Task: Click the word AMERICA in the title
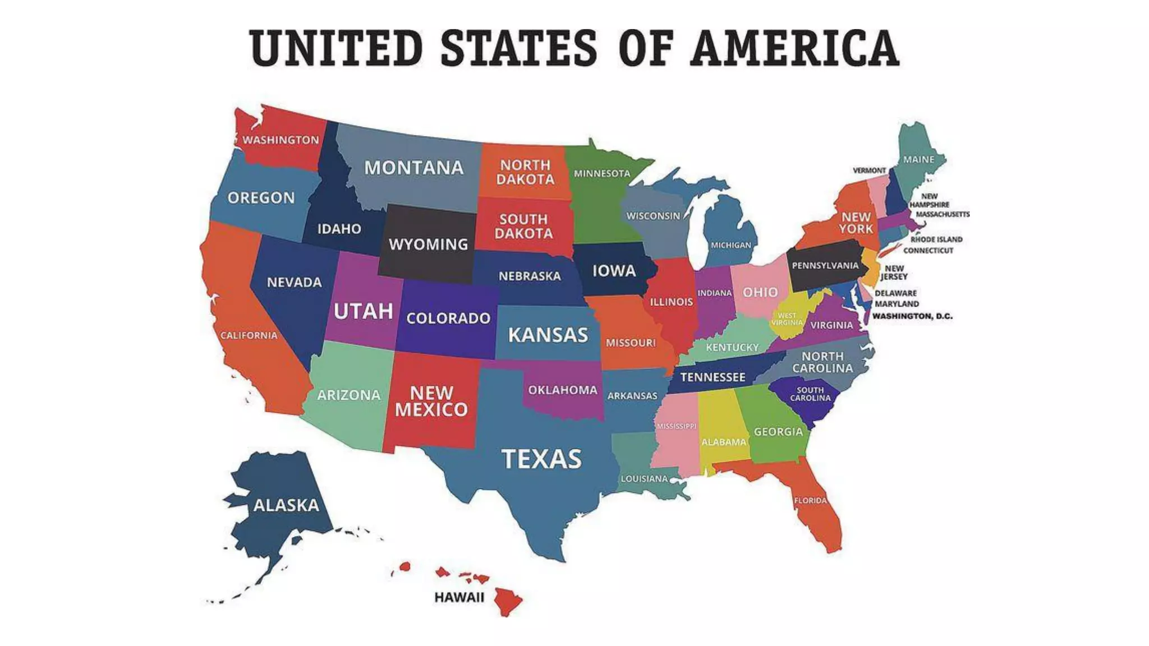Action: pos(795,48)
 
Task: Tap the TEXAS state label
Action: pos(541,459)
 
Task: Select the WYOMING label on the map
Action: pos(428,244)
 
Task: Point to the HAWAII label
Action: pos(459,597)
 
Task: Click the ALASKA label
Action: pos(286,505)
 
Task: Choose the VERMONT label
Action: pos(869,170)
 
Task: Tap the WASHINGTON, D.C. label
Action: pos(912,316)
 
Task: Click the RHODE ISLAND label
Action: pos(936,239)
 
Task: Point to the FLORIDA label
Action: pos(810,500)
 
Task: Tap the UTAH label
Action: pos(363,311)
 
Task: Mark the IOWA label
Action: pos(614,271)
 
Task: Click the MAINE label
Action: pos(918,159)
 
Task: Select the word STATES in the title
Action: pos(519,48)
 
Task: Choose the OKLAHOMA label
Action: pos(563,390)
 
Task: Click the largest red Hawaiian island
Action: pos(508,601)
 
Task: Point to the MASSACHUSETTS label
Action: pos(943,214)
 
